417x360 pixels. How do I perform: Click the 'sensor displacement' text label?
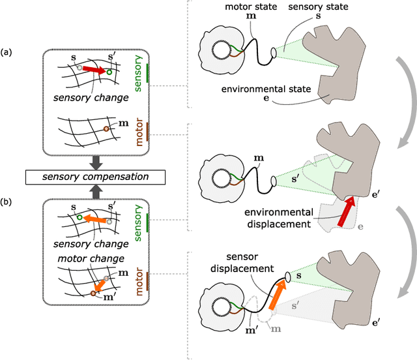click(x=259, y=261)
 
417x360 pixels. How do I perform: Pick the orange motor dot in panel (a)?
click(x=106, y=130)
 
